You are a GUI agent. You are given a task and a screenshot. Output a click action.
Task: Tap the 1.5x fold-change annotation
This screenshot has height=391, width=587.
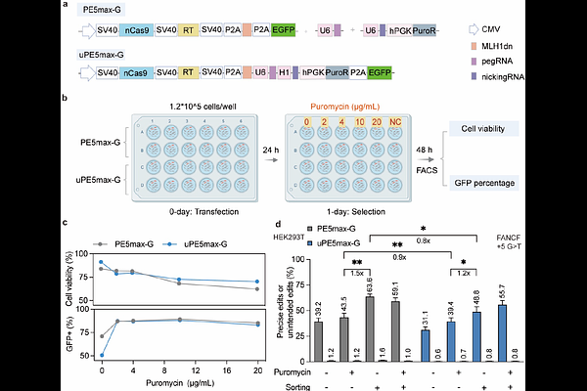pos(357,275)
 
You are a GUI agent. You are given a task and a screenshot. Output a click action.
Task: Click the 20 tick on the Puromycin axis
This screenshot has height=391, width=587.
pos(256,371)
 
